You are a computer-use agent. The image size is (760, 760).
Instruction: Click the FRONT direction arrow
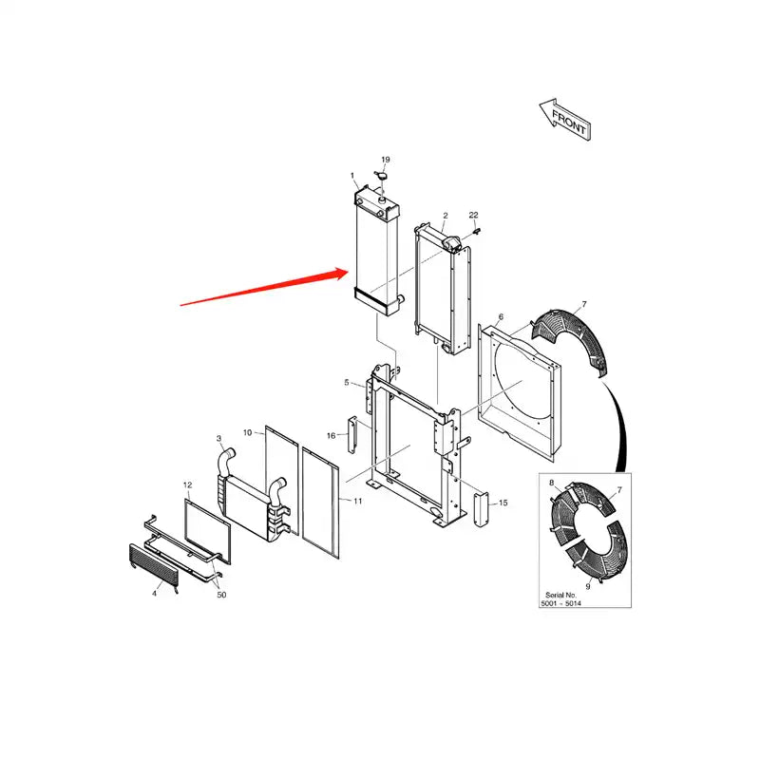coord(563,118)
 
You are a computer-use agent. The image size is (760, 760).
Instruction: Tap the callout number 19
coord(386,160)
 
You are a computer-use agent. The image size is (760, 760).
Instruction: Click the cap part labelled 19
coord(384,176)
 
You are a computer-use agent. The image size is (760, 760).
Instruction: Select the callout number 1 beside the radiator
coord(352,176)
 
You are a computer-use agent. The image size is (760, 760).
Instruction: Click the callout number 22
coord(473,216)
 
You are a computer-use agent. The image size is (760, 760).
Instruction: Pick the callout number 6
coord(501,316)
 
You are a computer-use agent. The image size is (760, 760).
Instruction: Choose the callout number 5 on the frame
coord(348,382)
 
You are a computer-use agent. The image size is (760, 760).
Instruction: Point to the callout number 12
coord(187,485)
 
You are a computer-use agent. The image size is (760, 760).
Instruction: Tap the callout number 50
coord(221,595)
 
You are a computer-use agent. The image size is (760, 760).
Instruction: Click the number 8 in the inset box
coord(551,484)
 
